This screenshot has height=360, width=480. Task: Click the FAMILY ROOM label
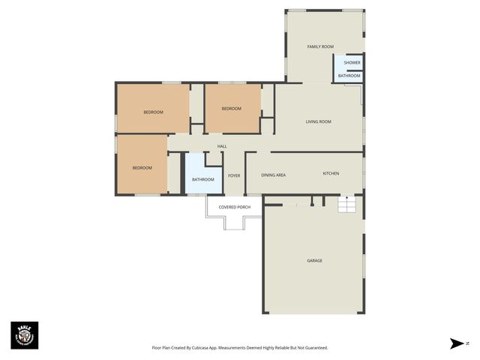tap(320, 46)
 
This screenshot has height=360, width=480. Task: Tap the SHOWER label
tap(352, 63)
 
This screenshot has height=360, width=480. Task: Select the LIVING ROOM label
tap(318, 121)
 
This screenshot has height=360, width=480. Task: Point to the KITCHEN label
tap(331, 173)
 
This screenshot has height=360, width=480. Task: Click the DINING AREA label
tap(273, 175)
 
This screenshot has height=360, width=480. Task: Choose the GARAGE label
tap(314, 260)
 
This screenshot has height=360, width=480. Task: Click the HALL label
tap(222, 146)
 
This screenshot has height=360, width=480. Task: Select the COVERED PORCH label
tap(233, 206)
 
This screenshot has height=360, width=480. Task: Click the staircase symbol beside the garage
tap(347, 205)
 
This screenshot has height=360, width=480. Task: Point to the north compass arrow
tap(457, 343)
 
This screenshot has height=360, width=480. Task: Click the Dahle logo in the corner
tap(24, 335)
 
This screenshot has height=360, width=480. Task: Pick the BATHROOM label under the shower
tap(349, 76)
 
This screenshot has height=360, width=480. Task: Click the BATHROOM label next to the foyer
tap(202, 179)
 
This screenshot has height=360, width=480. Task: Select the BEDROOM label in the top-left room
tap(153, 112)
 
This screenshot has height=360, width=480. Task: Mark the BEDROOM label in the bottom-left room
tap(142, 167)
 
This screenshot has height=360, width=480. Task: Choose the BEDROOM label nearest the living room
tap(232, 109)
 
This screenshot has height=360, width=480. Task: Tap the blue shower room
tap(348, 63)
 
